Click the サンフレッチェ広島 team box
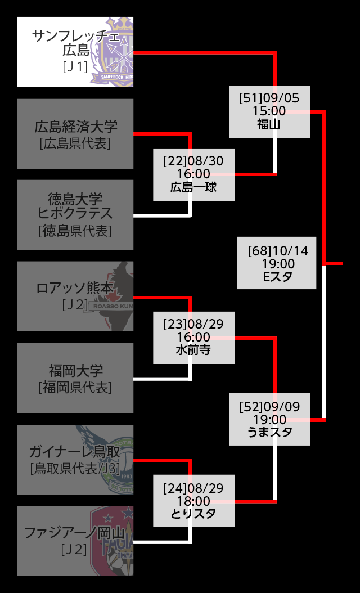(x=75, y=51)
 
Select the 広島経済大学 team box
(x=75, y=134)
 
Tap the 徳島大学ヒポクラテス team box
(x=75, y=214)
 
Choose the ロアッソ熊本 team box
(x=75, y=296)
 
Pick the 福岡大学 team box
(x=75, y=378)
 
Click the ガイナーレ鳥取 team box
(x=75, y=460)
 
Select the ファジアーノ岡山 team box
(x=75, y=541)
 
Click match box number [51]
(x=269, y=111)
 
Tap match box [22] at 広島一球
(x=193, y=174)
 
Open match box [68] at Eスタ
(x=276, y=263)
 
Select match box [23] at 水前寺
(x=193, y=338)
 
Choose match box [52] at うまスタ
(x=269, y=419)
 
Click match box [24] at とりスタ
(x=193, y=501)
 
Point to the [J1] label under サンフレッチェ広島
(x=75, y=66)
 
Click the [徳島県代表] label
(x=75, y=231)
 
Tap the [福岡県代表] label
(x=75, y=387)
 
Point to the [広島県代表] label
(x=75, y=143)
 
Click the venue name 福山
(x=269, y=124)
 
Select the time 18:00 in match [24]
(x=193, y=501)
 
